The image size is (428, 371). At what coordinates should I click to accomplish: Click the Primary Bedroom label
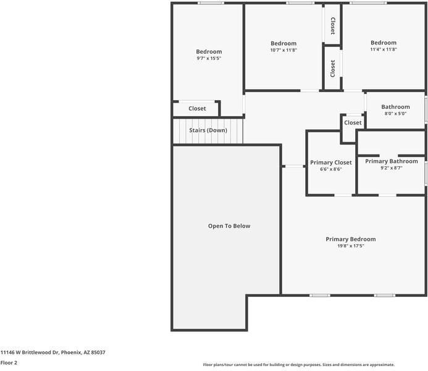pos(350,239)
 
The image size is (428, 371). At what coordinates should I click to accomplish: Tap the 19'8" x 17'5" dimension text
pos(351,246)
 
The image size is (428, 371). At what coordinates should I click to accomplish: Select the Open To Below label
pos(229,226)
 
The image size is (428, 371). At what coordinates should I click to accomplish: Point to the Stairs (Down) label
pos(208,130)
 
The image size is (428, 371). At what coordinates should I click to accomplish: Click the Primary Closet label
pos(331,163)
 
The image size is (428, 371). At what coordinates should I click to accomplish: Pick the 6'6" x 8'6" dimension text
pos(331,169)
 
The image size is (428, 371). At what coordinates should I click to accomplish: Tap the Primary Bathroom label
pos(392,161)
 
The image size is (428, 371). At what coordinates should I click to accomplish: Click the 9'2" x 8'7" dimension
pos(392,168)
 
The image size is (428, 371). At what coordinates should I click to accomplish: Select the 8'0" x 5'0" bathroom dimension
pos(395,113)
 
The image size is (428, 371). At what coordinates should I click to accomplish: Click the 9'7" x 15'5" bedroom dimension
pos(209,58)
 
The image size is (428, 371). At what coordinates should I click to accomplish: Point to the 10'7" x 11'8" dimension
pos(283,50)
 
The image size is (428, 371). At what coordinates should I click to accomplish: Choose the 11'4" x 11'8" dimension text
pos(384,49)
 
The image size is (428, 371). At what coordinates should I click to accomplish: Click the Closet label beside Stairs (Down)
pos(197,108)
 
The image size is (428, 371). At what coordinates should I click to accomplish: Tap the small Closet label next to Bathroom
pos(353,122)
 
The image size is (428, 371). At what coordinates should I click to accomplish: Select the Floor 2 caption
pos(9,363)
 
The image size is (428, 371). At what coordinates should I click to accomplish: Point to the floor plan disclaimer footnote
pos(299,365)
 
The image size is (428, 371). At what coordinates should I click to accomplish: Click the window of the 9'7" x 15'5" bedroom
pos(211,3)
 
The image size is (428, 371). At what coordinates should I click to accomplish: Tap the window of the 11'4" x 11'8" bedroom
pos(368,3)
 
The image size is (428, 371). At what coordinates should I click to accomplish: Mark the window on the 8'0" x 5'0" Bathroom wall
pos(426,109)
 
